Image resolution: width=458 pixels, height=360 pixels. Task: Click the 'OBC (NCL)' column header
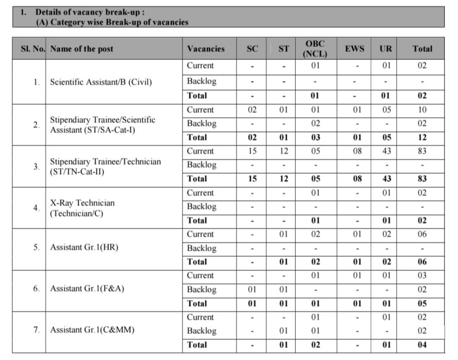[315, 49]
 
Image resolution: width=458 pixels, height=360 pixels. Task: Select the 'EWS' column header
[355, 49]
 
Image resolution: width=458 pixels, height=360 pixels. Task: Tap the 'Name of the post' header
[82, 49]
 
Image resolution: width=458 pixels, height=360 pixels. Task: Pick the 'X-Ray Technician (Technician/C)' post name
[82, 207]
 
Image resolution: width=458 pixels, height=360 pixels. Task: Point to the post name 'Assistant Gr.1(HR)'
[81, 247]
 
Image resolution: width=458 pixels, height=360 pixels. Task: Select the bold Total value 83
[422, 179]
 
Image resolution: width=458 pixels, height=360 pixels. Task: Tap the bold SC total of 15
[252, 179]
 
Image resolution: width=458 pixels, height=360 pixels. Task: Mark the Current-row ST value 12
[284, 151]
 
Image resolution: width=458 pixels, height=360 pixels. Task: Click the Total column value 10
[422, 110]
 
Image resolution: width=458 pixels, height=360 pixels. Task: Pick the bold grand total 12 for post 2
[422, 137]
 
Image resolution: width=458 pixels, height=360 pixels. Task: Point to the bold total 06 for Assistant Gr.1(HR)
[422, 262]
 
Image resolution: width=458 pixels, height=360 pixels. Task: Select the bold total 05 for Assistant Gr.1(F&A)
[422, 304]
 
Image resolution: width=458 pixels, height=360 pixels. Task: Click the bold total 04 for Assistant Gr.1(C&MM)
[422, 345]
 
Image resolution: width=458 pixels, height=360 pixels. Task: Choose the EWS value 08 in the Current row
[355, 151]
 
